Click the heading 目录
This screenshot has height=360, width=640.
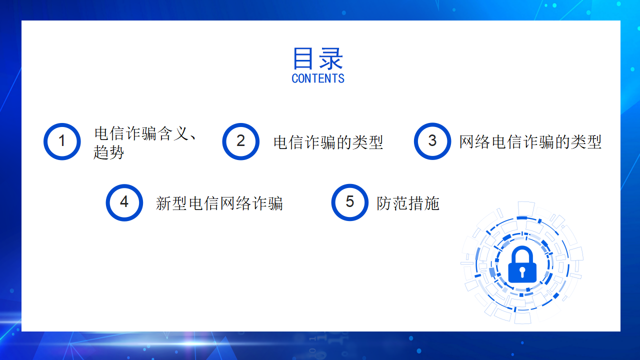pyautogui.click(x=318, y=58)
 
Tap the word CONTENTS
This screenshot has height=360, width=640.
pyautogui.click(x=318, y=78)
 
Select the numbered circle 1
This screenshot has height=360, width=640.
pyautogui.click(x=62, y=141)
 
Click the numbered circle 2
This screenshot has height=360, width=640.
pyautogui.click(x=241, y=141)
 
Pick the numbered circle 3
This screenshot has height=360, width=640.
pyautogui.click(x=432, y=141)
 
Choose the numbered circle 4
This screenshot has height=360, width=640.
pyautogui.click(x=124, y=202)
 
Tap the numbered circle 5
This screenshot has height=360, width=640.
pyautogui.click(x=349, y=202)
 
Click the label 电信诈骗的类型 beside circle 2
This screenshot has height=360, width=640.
pyautogui.click(x=328, y=142)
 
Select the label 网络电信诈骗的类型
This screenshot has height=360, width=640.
pyautogui.click(x=530, y=141)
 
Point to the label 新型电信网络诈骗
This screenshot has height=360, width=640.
pyautogui.click(x=219, y=203)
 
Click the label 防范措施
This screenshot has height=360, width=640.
pyautogui.click(x=408, y=203)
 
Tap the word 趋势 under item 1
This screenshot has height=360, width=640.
pyautogui.click(x=108, y=152)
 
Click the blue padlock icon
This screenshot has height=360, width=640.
pyautogui.click(x=522, y=264)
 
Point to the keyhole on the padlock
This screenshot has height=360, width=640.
pyautogui.click(x=522, y=271)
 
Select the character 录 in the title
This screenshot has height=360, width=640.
pyautogui.click(x=331, y=58)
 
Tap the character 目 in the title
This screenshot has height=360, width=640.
pyautogui.click(x=302, y=58)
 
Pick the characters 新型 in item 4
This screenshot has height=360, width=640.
pyautogui.click(x=171, y=203)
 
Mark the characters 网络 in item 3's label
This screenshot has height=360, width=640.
pyautogui.click(x=474, y=141)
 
